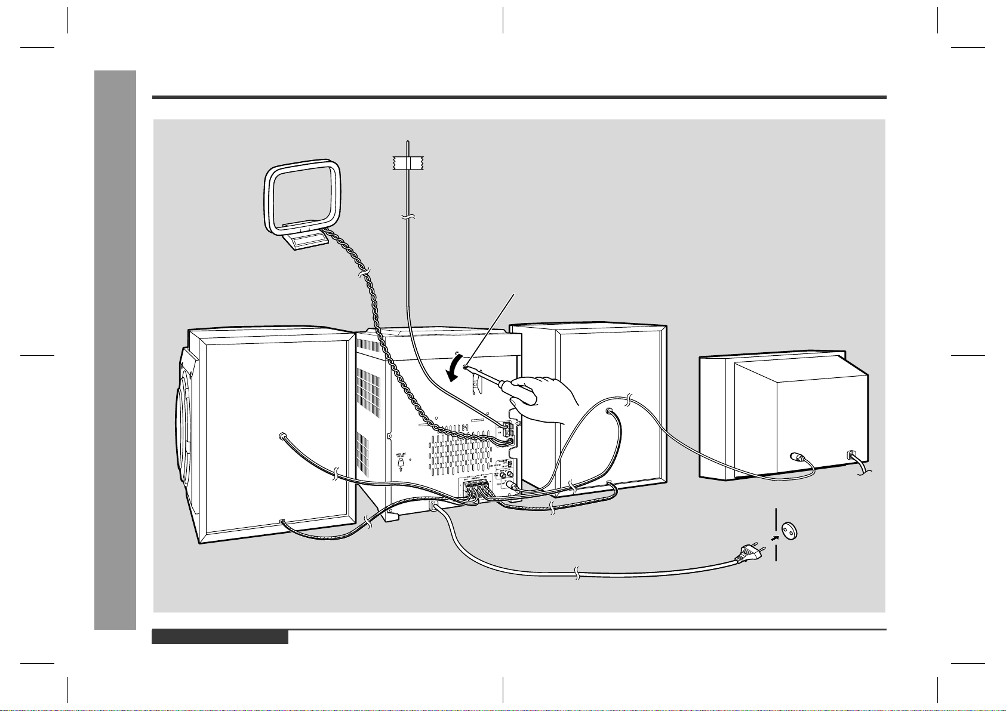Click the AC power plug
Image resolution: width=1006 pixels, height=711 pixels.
pyautogui.click(x=750, y=555)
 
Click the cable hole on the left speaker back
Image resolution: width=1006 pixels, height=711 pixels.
pyautogui.click(x=282, y=436)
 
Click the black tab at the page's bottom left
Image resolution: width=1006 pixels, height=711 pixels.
pyautogui.click(x=220, y=638)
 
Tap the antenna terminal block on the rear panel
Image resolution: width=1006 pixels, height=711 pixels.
pyautogui.click(x=507, y=433)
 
